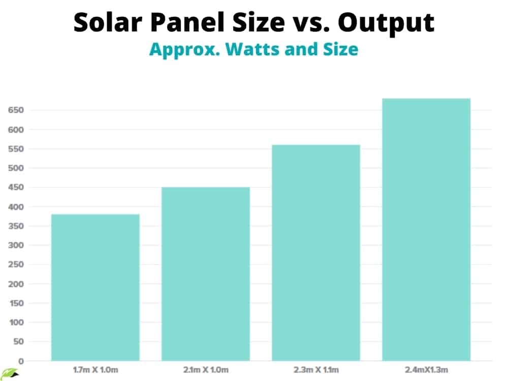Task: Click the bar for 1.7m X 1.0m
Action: pyautogui.click(x=96, y=288)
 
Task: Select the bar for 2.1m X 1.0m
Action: pyautogui.click(x=206, y=274)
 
